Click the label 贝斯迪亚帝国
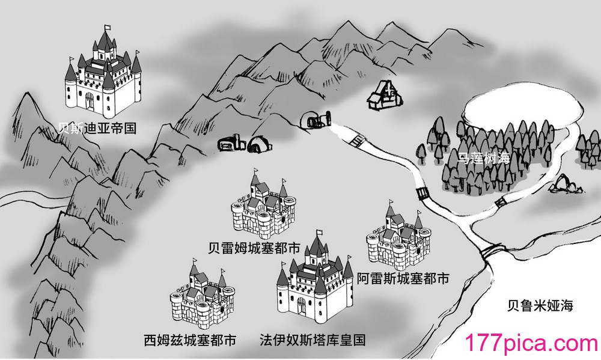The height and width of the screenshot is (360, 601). point(97,128)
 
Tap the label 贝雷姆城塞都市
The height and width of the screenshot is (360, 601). point(254,248)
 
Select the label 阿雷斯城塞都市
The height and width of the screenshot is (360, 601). point(403,278)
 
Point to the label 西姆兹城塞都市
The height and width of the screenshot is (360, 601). point(190,340)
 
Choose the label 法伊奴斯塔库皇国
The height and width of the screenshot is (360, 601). point(313,340)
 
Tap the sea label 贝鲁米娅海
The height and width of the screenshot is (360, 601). point(540,305)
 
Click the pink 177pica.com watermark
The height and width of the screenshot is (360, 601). point(532,343)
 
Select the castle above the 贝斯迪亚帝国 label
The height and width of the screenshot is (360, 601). point(103,72)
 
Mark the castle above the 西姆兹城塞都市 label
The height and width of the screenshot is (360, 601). point(203,294)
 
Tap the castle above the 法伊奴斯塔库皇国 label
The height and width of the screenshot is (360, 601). point(315,277)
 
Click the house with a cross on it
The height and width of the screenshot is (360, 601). point(385,95)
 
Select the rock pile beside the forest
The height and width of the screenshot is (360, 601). point(566,184)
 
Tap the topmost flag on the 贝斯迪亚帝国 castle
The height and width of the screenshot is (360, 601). point(108,28)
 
